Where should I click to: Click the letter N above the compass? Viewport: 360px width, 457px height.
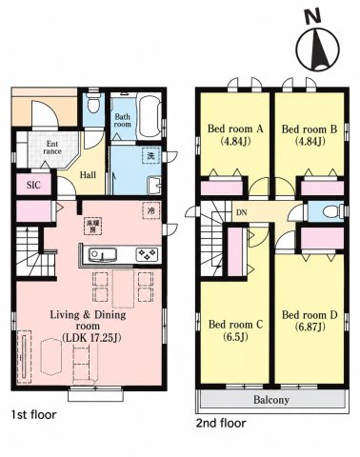click(312, 16)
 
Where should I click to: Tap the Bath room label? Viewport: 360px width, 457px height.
click(122, 120)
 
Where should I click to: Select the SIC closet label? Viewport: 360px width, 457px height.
click(33, 185)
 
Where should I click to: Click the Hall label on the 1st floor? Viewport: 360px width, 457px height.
click(88, 175)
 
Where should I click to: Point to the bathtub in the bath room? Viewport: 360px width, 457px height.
click(150, 116)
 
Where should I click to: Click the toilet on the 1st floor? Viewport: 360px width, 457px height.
click(93, 102)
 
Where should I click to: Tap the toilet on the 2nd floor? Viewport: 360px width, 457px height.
click(333, 211)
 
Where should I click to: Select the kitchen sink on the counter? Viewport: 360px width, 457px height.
click(103, 254)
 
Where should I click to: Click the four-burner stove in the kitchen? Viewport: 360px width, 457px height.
click(147, 254)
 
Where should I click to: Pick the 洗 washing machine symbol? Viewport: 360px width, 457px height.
click(151, 156)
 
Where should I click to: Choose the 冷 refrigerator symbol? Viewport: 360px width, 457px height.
click(151, 210)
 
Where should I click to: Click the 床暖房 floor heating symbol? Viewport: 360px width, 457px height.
click(93, 227)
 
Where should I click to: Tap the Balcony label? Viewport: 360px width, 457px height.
click(271, 400)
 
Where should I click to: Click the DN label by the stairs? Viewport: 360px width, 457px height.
click(242, 213)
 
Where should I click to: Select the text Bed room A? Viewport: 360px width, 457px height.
click(235, 129)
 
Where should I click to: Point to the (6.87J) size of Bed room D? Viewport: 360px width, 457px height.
click(310, 327)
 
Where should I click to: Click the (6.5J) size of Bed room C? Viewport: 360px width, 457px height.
click(235, 336)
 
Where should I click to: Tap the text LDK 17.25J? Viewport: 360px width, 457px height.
click(91, 338)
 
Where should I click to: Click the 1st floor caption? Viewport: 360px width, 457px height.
click(33, 414)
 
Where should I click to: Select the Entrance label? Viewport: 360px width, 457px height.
click(52, 148)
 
